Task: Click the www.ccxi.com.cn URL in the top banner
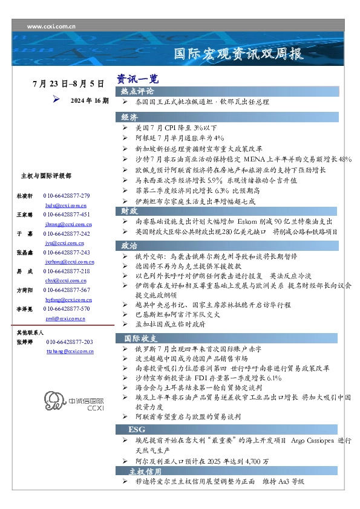point(51,27)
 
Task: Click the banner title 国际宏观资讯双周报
point(238,54)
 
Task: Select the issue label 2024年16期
point(90,100)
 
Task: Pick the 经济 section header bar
point(129,117)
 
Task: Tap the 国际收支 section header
point(141,338)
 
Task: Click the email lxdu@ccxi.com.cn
point(58,206)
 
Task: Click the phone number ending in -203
point(70,342)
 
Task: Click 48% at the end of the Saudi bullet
point(345,159)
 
